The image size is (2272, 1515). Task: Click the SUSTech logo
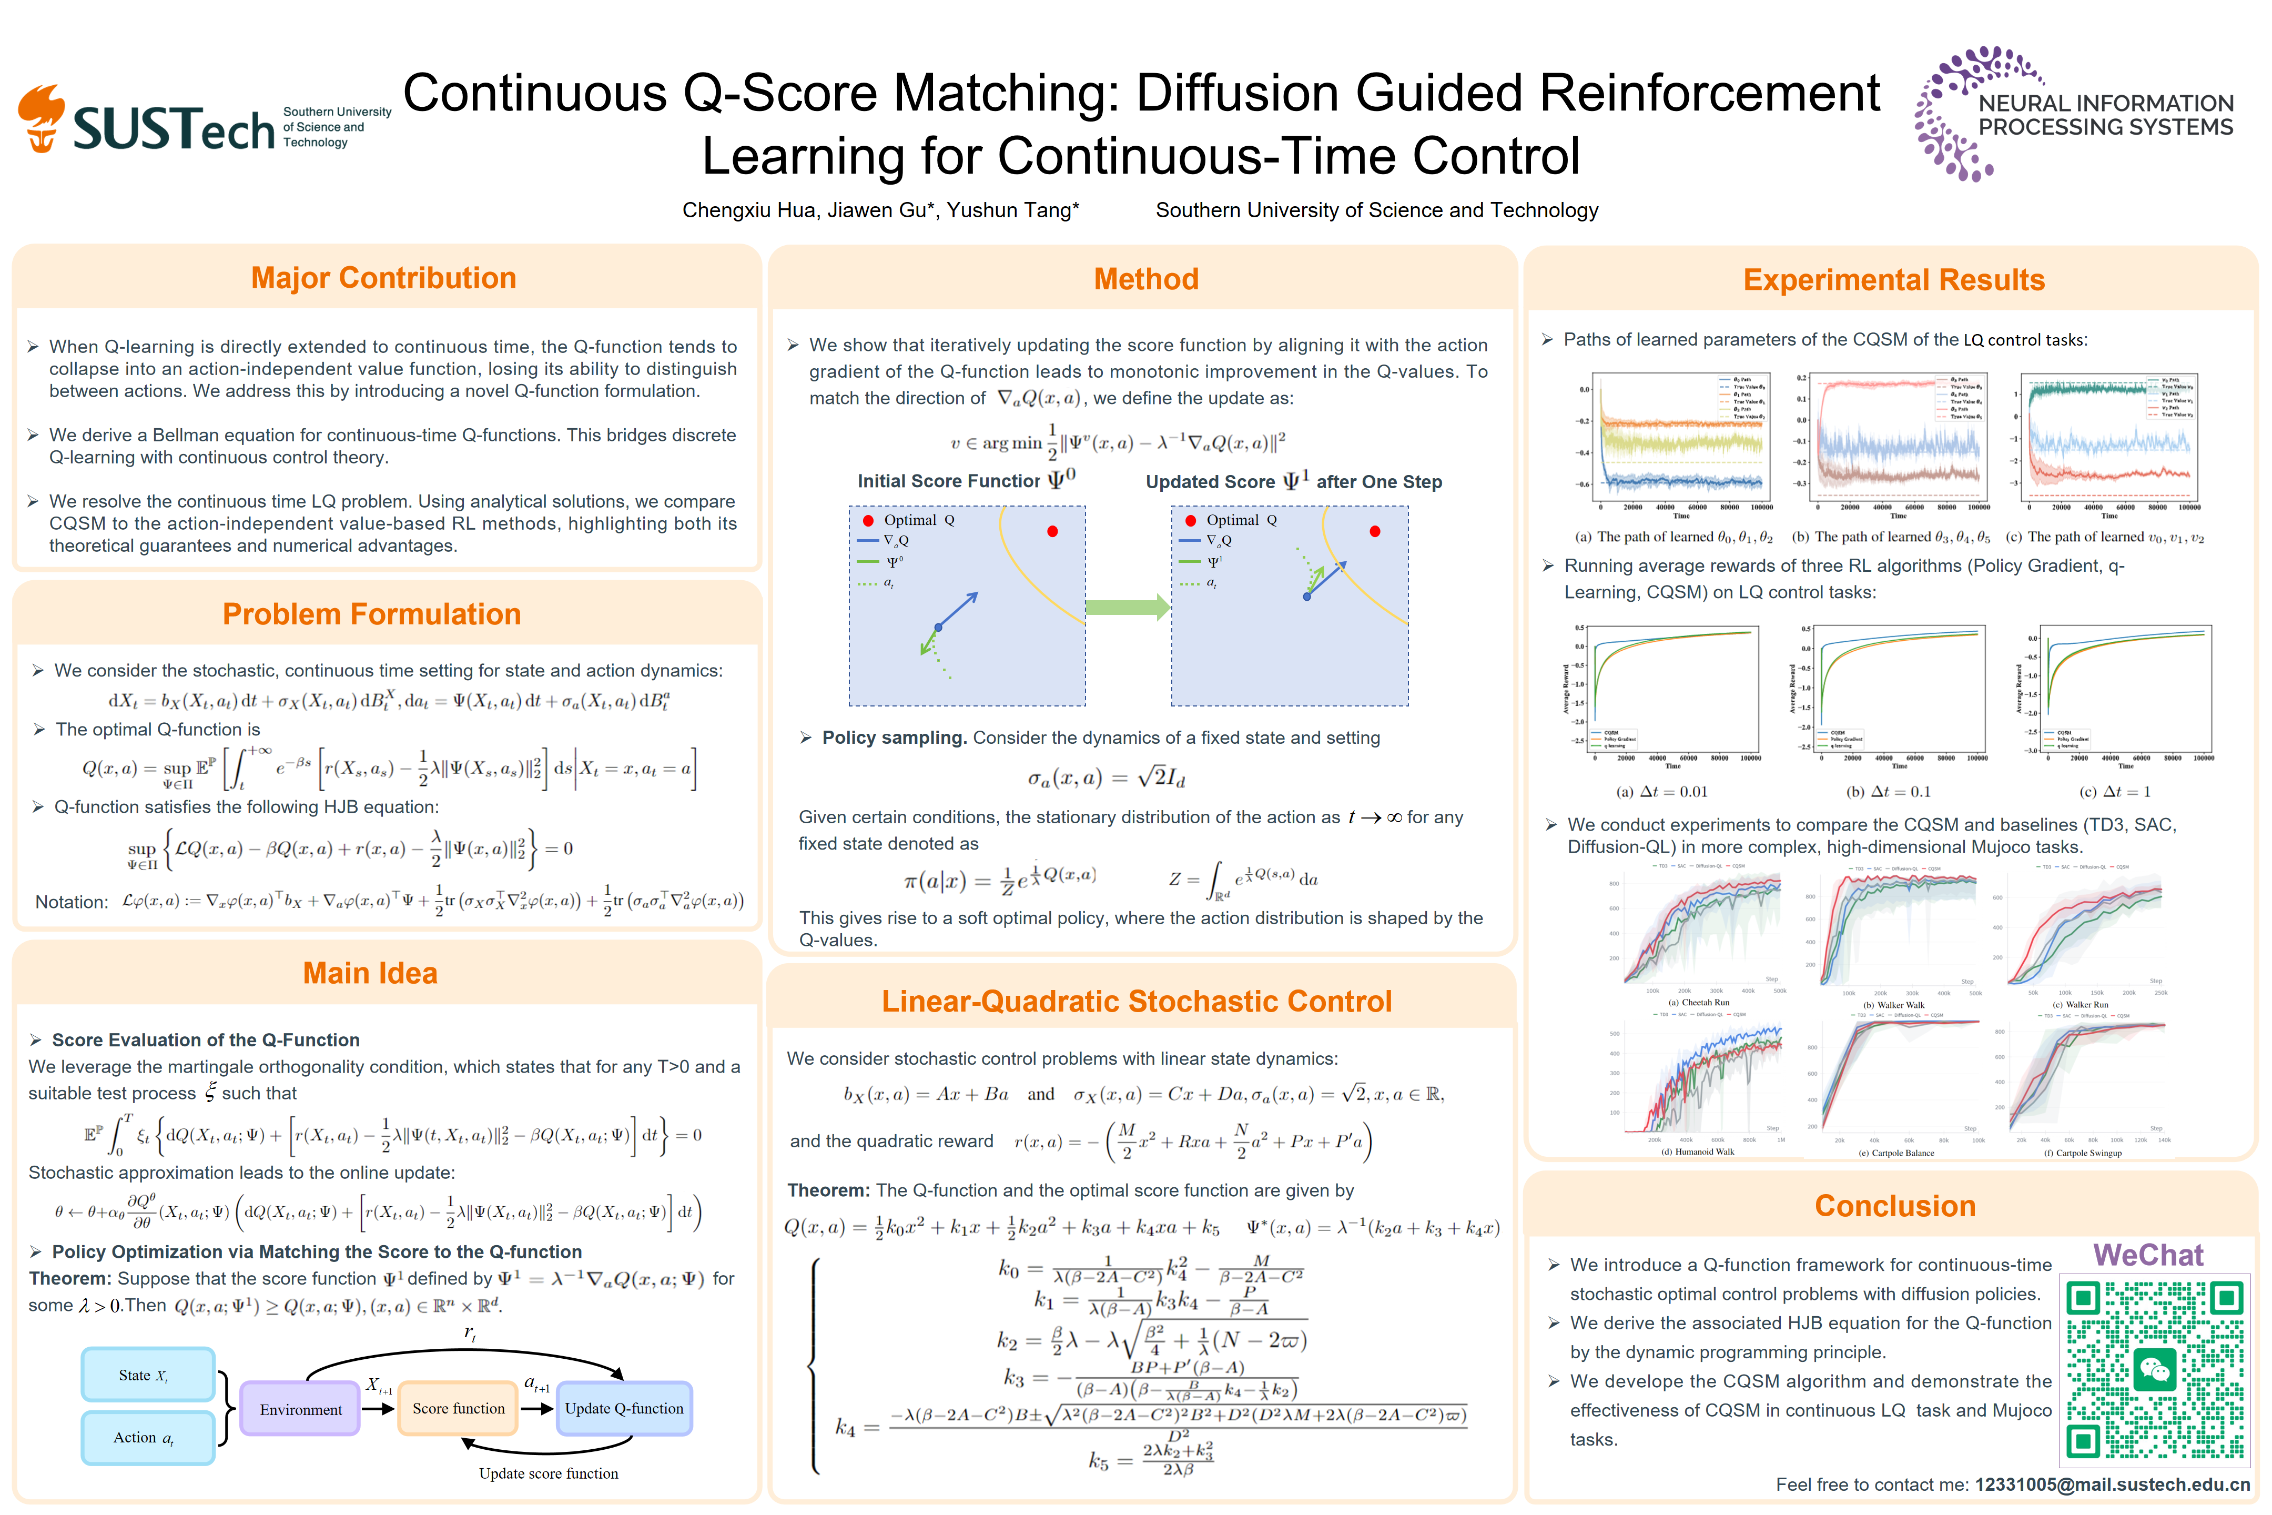(203, 121)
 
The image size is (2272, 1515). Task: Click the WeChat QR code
(2153, 1370)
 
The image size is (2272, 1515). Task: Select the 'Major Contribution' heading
(383, 278)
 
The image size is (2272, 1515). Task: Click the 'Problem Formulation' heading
(372, 614)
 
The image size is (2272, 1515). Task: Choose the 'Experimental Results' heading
(1893, 280)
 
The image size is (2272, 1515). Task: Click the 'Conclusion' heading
(1894, 1206)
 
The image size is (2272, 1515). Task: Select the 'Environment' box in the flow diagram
(300, 1410)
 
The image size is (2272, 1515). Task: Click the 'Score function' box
(458, 1409)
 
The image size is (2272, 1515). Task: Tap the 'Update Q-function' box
(624, 1409)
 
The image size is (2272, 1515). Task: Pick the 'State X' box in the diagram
(148, 1375)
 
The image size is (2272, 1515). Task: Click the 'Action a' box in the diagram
(148, 1438)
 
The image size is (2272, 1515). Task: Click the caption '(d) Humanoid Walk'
(1697, 1152)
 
